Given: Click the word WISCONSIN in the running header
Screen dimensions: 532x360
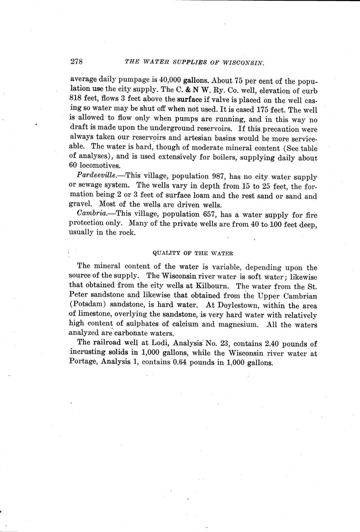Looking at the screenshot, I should (x=242, y=62).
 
